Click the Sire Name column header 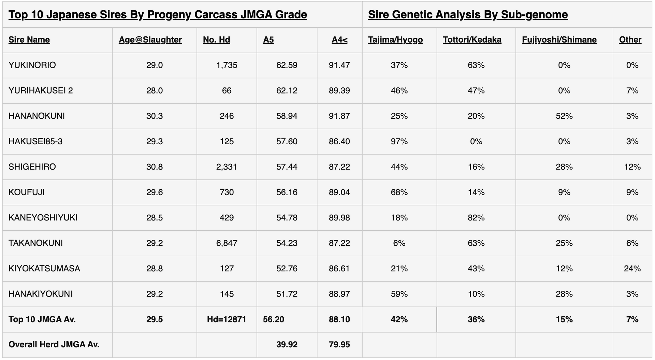coord(29,40)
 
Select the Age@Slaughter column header coord(150,40)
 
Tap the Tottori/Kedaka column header coord(472,40)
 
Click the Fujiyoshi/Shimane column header coord(559,40)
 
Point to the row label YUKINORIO coord(32,65)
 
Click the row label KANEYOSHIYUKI coord(43,218)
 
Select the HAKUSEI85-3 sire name coord(35,142)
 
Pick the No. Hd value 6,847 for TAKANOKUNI coord(227,243)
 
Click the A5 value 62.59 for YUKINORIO coord(287,65)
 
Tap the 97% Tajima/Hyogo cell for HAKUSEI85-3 coord(399,142)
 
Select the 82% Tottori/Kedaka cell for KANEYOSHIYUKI coord(476,218)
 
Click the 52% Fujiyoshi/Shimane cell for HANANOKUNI coord(564,116)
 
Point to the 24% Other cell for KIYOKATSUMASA coord(632,269)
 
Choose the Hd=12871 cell coord(226,319)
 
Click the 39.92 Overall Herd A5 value coord(287,345)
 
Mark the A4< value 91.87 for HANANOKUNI coord(339,116)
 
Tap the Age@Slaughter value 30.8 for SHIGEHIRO coord(154,167)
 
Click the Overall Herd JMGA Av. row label coord(54,345)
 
